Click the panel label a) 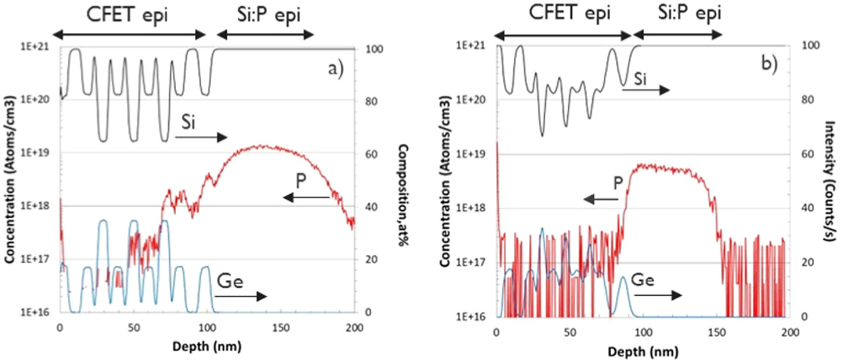pyautogui.click(x=336, y=69)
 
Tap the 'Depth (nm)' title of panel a pyautogui.click(x=207, y=346)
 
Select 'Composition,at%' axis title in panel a pyautogui.click(x=403, y=195)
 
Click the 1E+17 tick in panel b pyautogui.click(x=470, y=262)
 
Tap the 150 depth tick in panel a pyautogui.click(x=281, y=328)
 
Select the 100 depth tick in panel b pyautogui.click(x=643, y=332)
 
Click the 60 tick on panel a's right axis pyautogui.click(x=371, y=154)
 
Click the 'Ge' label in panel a pyautogui.click(x=230, y=282)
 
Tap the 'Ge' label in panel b pyautogui.click(x=642, y=280)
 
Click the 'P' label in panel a pyautogui.click(x=301, y=181)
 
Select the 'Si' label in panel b pyautogui.click(x=640, y=79)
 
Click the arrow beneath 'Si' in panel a pyautogui.click(x=201, y=137)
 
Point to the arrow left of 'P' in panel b pyautogui.click(x=601, y=200)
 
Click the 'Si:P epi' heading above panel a pyautogui.click(x=269, y=14)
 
